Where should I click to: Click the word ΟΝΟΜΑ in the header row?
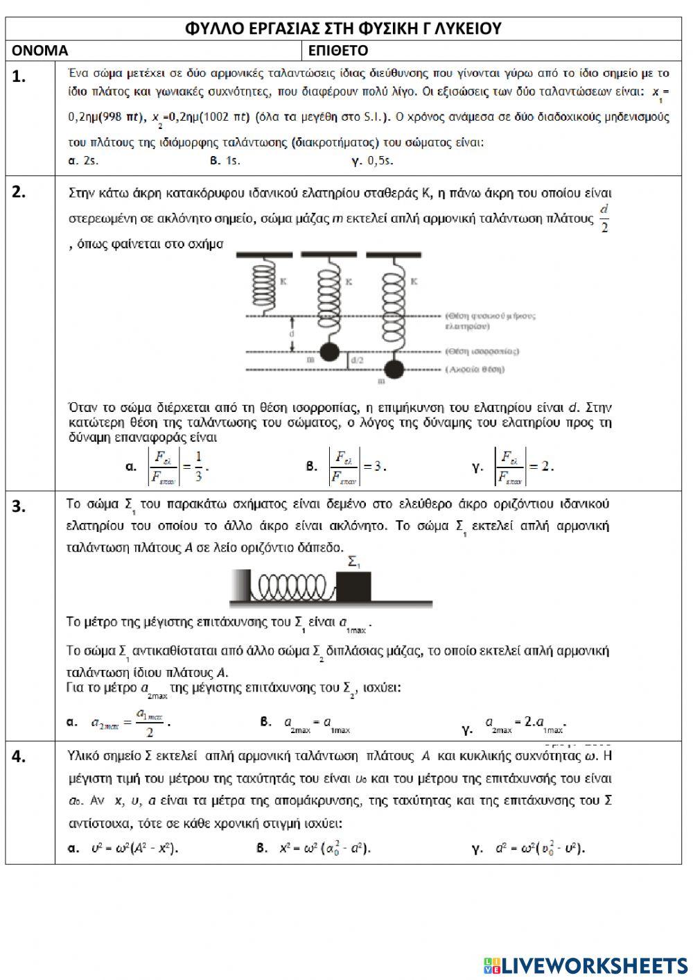click(40, 51)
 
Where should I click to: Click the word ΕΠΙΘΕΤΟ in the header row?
click(338, 51)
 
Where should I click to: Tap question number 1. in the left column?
click(19, 77)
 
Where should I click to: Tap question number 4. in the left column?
click(19, 757)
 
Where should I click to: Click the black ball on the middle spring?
click(329, 352)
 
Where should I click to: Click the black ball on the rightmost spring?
click(394, 369)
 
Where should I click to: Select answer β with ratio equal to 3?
click(346, 466)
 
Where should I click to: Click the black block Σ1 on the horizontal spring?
click(353, 586)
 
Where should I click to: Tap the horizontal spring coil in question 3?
click(292, 587)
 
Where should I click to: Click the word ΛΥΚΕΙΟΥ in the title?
click(465, 28)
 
